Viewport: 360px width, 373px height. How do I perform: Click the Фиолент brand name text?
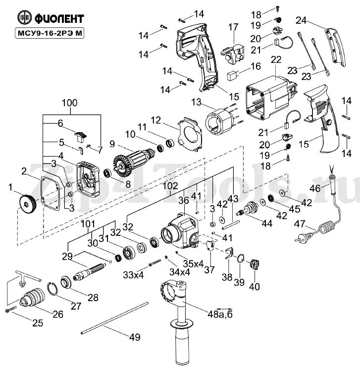(59, 18)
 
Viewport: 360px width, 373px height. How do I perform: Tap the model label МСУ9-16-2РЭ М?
(50, 33)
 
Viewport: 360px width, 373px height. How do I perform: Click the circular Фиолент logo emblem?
(24, 17)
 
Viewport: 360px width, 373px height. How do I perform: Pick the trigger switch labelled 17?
(232, 53)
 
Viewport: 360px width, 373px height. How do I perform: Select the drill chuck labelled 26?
(33, 297)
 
